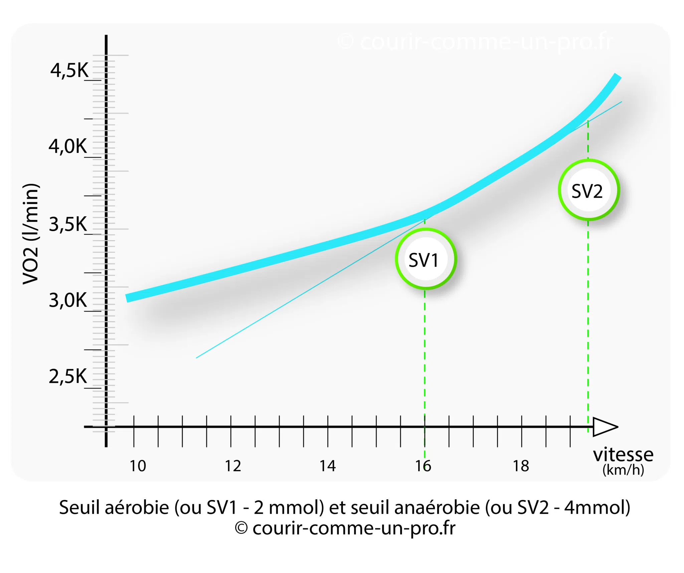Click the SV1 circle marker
point(425,259)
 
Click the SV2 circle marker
point(588,190)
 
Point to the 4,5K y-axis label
point(69,70)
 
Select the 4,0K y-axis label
point(68,146)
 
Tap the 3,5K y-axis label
point(68,224)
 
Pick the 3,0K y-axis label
point(68,300)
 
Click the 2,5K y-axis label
point(68,376)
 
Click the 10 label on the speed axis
point(138,466)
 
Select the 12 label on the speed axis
point(233,466)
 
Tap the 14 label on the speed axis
point(328,466)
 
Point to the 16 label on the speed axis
point(423,466)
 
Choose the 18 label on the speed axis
point(521,466)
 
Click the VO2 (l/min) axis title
point(31,234)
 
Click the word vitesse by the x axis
point(623,455)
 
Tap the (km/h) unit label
point(623,470)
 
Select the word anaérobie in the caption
point(437,508)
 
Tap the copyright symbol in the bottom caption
point(241,529)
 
